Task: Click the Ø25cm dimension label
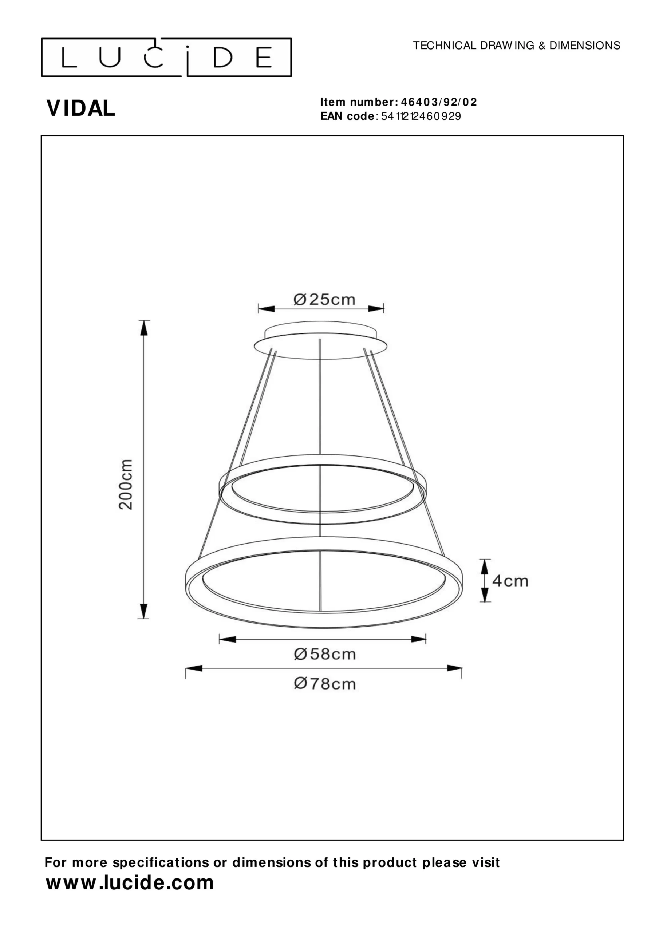(x=324, y=300)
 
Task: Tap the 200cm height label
(x=126, y=484)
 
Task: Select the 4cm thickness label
(x=510, y=581)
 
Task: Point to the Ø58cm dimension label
(x=325, y=654)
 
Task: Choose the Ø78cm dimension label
(x=325, y=684)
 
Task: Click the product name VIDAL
(x=81, y=108)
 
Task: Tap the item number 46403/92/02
(x=439, y=102)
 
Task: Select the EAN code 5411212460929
(x=421, y=116)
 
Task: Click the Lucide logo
(x=166, y=57)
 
